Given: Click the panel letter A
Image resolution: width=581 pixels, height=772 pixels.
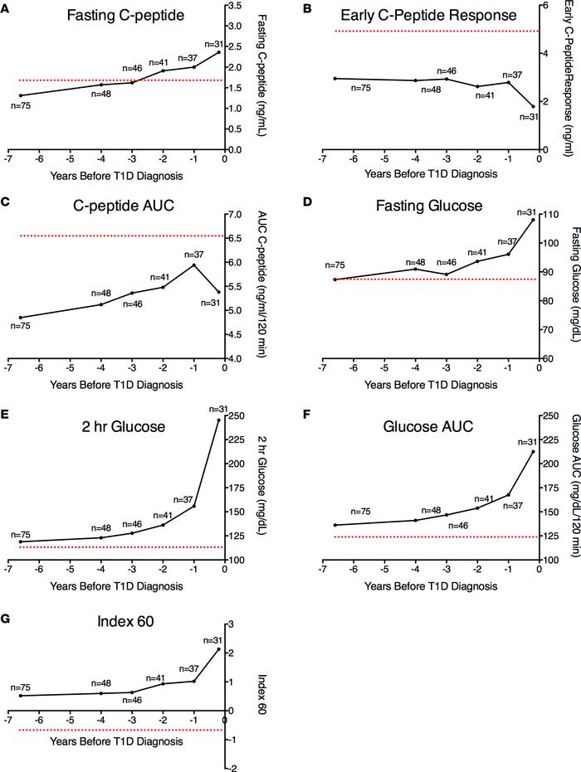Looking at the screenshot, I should [x=7, y=9].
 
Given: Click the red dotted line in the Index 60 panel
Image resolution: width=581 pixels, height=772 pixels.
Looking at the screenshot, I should [x=116, y=730].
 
